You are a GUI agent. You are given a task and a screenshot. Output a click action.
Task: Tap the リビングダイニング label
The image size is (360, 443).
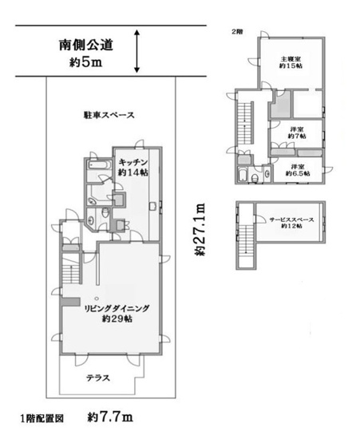click(117, 307)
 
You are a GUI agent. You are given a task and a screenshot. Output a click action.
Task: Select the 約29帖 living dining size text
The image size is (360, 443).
click(117, 319)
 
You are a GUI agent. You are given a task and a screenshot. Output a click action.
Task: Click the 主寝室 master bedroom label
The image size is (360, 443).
click(290, 58)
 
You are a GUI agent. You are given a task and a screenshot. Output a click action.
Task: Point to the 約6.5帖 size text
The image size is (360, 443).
click(299, 171)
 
